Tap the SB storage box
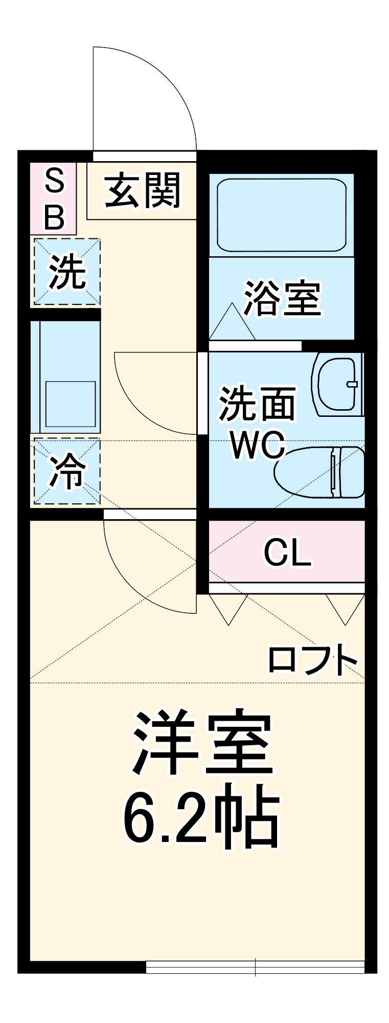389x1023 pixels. click(x=54, y=198)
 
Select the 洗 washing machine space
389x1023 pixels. click(x=67, y=272)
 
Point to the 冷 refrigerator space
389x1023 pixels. click(x=67, y=471)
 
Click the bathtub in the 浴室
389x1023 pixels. click(x=281, y=214)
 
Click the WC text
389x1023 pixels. click(x=258, y=445)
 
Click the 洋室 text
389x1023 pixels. click(x=202, y=742)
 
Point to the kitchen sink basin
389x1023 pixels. click(x=71, y=404)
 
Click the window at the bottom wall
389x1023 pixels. click(x=255, y=966)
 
